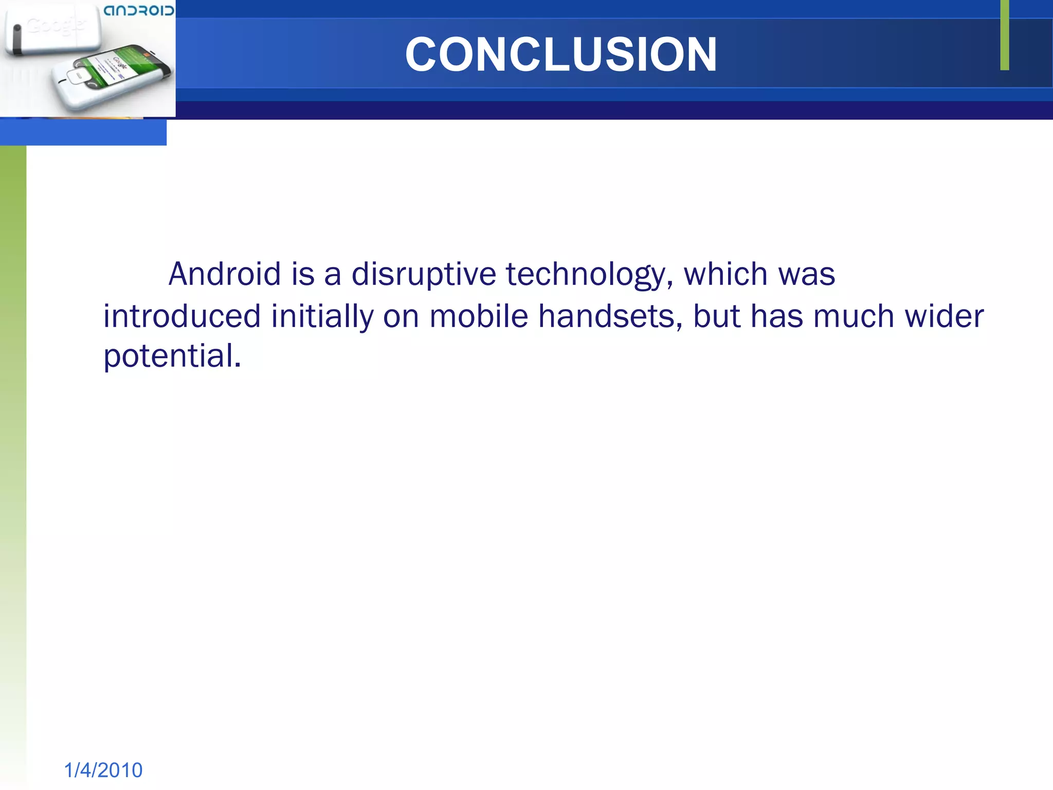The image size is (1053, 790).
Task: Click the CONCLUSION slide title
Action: pos(560,54)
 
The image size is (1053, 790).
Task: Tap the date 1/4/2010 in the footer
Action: pos(103,770)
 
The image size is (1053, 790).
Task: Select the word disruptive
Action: pos(424,274)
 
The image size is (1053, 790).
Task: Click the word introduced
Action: pos(182,316)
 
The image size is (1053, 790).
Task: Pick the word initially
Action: pos(322,316)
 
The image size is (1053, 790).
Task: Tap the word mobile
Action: pos(479,316)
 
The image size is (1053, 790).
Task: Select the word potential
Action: pos(172,356)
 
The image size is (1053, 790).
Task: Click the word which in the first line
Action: pos(725,274)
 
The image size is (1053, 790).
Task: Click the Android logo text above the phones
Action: pos(139,11)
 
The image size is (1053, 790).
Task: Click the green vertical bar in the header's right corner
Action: pos(1004,35)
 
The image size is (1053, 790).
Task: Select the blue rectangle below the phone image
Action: pos(83,133)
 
